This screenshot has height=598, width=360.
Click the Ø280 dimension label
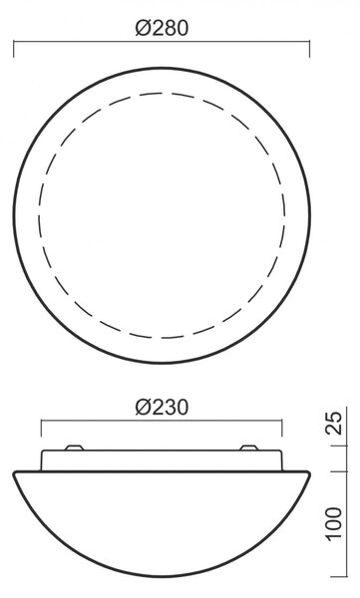click(162, 28)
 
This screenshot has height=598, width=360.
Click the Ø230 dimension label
click(162, 408)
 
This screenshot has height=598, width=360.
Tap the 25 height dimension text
click(335, 423)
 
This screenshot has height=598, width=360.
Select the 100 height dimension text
click(334, 523)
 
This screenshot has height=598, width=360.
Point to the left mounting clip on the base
click(74, 448)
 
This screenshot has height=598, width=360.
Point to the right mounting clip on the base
click(249, 448)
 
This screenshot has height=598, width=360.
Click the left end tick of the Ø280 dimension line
click(14, 49)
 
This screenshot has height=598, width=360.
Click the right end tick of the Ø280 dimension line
click(309, 49)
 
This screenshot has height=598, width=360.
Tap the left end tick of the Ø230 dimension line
click(41, 428)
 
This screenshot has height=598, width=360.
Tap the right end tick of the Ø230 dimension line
click(282, 428)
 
